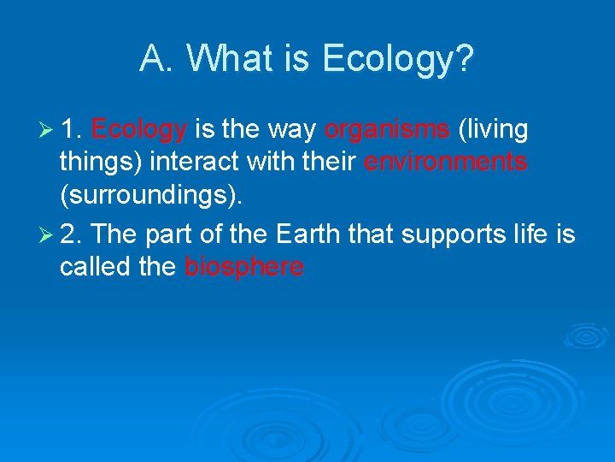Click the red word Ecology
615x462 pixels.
(x=139, y=130)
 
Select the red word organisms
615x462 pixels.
(x=388, y=130)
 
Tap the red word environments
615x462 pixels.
(x=446, y=163)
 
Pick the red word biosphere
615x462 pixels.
(x=244, y=267)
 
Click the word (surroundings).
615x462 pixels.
(x=151, y=198)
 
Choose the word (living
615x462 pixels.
(x=493, y=130)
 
